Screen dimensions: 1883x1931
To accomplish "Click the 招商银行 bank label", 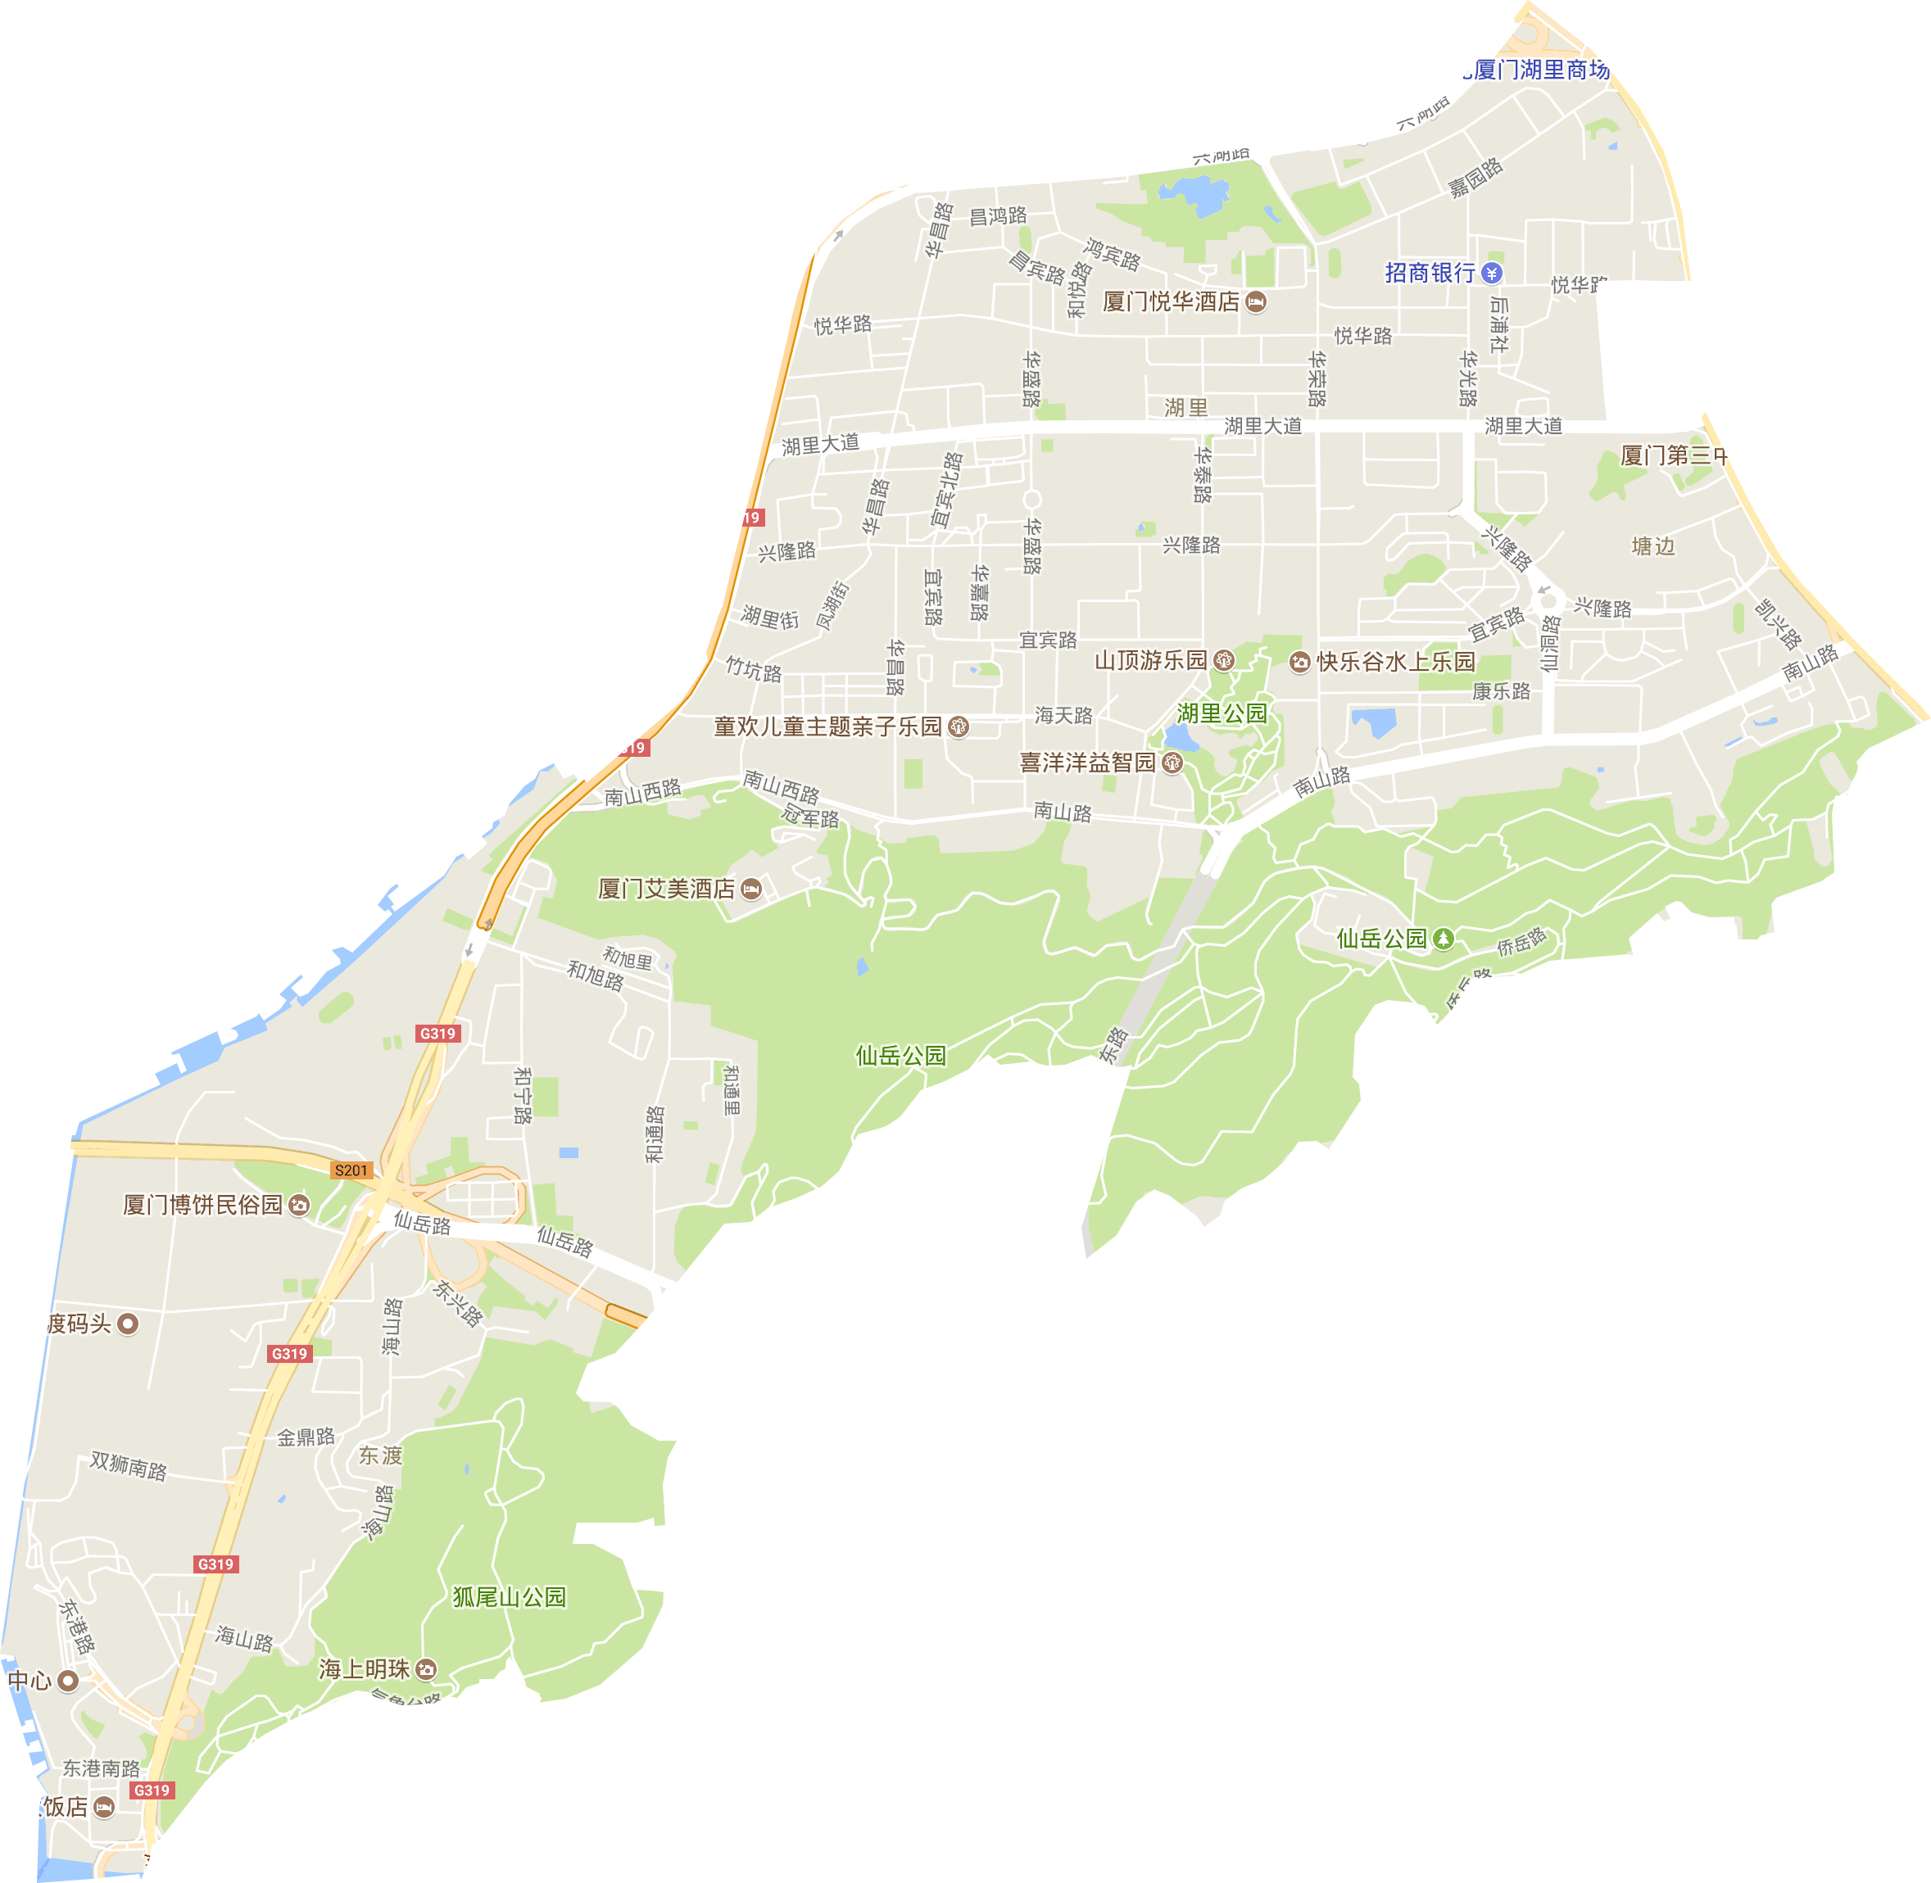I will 1430,273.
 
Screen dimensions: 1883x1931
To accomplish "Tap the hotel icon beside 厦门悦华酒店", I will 1255,301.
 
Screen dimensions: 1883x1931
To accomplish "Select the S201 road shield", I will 351,1170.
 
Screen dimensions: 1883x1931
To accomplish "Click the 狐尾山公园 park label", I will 510,1596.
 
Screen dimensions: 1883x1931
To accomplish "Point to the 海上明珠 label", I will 364,1668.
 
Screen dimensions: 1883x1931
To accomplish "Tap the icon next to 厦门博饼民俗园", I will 299,1205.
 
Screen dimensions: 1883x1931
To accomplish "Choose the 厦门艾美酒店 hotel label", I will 667,889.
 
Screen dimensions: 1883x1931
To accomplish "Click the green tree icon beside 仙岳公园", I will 1444,938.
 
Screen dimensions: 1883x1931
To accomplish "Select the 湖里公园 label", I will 1222,713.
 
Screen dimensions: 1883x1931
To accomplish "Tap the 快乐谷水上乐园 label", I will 1396,662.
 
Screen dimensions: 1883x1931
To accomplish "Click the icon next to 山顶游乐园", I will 1224,659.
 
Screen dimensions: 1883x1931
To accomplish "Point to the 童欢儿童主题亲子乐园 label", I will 828,726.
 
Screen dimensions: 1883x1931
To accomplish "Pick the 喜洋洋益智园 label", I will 1088,763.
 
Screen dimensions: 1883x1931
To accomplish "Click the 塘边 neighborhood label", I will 1653,546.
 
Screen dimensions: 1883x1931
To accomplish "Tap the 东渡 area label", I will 381,1455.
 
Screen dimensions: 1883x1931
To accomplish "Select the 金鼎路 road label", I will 306,1437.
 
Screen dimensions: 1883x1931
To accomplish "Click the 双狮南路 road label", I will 129,1464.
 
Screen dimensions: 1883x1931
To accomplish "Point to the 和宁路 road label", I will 523,1095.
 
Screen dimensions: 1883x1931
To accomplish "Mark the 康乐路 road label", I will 1501,691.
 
